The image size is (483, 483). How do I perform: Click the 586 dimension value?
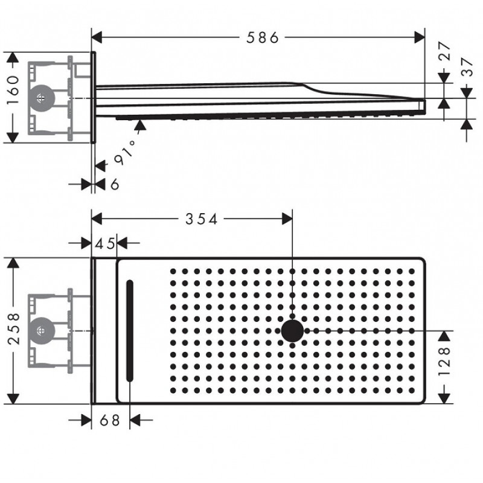pyautogui.click(x=263, y=37)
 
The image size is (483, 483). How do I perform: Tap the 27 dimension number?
pyautogui.click(x=444, y=51)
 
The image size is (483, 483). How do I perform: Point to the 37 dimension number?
pyautogui.click(x=467, y=67)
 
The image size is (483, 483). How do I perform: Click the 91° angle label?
pyautogui.click(x=125, y=152)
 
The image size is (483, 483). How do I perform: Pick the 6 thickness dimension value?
pyautogui.click(x=115, y=184)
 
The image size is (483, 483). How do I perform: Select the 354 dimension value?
pyautogui.click(x=202, y=219)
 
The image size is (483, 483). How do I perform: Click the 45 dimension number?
pyautogui.click(x=104, y=244)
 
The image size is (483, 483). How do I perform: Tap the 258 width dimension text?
pyautogui.click(x=13, y=329)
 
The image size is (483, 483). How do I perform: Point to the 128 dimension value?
pyautogui.click(x=444, y=361)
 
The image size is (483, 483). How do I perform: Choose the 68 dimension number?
pyautogui.click(x=110, y=420)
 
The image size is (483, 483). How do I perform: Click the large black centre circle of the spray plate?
pyautogui.click(x=292, y=331)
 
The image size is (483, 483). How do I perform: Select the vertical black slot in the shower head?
pyautogui.click(x=130, y=331)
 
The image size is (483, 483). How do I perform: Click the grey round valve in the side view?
pyautogui.click(x=41, y=98)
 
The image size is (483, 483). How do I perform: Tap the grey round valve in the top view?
pyautogui.click(x=41, y=331)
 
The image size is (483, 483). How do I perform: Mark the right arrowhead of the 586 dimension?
pyautogui.click(x=420, y=37)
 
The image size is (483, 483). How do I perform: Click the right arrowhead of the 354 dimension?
pyautogui.click(x=287, y=219)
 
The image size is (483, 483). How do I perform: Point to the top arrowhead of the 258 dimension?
pyautogui.click(x=13, y=263)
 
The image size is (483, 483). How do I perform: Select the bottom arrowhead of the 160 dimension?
pyautogui.click(x=12, y=138)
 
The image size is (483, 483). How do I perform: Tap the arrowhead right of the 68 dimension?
pyautogui.click(x=135, y=420)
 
